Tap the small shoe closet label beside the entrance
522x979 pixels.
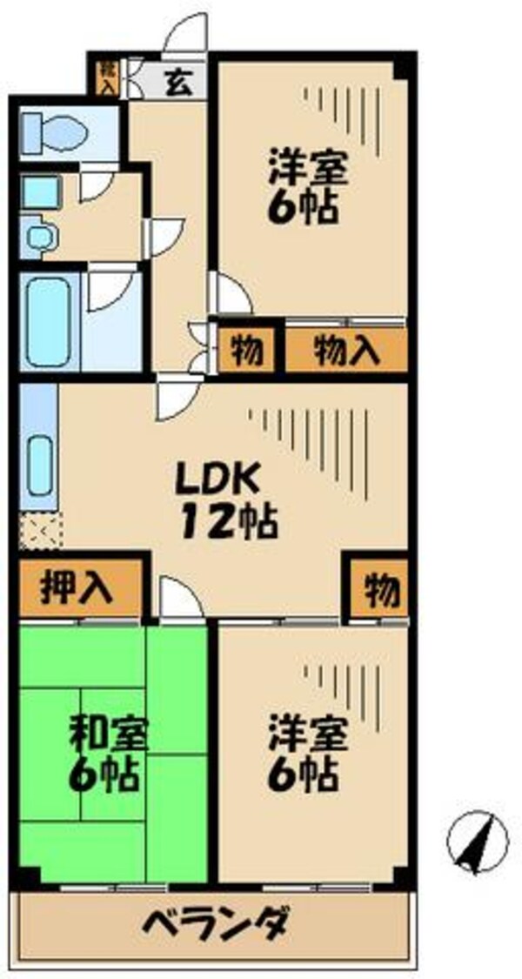[107, 77]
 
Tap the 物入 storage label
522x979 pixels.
[346, 350]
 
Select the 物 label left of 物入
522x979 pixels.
[247, 350]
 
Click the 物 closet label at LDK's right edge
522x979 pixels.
[382, 591]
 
